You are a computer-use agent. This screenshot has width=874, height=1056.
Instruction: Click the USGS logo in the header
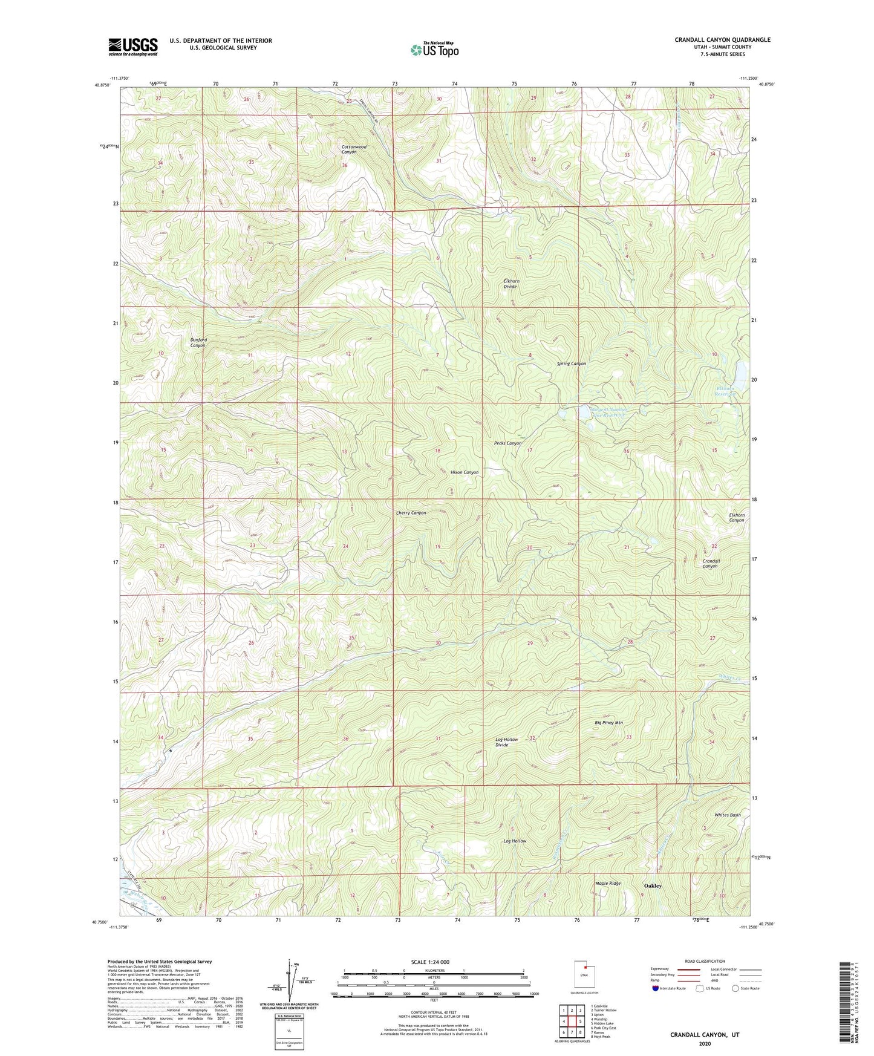click(x=133, y=46)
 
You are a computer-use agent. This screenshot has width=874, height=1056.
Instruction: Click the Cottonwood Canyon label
click(x=353, y=149)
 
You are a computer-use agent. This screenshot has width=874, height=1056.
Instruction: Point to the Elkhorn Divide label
click(x=511, y=284)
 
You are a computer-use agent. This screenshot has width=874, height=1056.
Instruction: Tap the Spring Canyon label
click(x=571, y=363)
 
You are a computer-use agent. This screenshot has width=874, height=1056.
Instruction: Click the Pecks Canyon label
click(x=507, y=443)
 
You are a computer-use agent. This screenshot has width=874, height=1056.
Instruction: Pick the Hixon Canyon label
click(x=464, y=472)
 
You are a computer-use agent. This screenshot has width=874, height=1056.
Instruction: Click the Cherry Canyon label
click(x=411, y=513)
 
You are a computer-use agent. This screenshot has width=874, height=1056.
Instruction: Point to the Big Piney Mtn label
click(x=608, y=723)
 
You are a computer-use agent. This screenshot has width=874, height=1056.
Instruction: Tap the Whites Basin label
click(x=727, y=815)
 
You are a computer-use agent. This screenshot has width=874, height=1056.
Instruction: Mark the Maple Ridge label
click(x=607, y=884)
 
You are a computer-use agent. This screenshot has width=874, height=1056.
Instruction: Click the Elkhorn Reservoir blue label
click(x=725, y=391)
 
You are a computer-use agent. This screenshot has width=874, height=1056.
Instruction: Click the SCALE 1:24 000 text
click(x=429, y=962)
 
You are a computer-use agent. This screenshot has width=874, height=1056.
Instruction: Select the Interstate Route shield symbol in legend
click(x=656, y=988)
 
